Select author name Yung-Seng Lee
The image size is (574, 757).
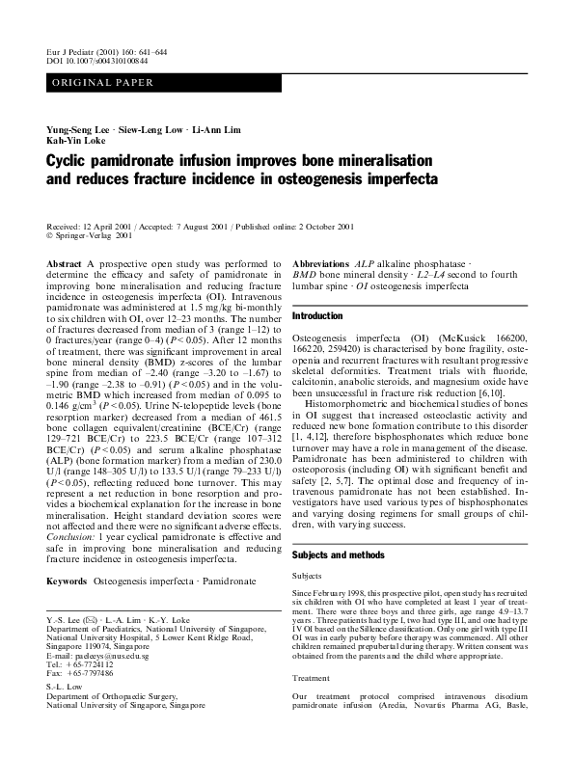[78, 129]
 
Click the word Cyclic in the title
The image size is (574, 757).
[69, 161]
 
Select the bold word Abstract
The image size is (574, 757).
[64, 262]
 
